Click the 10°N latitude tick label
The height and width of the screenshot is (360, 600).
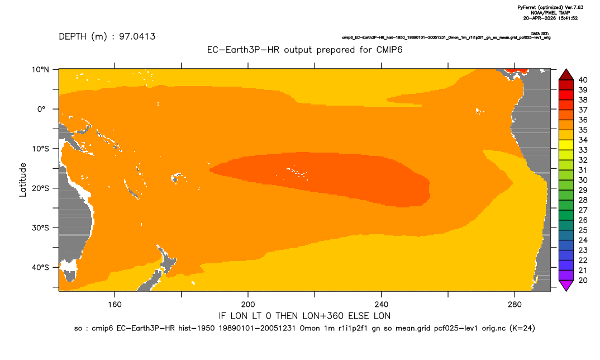coord(40,69)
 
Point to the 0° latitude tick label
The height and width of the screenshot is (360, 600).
coord(42,109)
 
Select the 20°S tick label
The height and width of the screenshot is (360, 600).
coord(40,188)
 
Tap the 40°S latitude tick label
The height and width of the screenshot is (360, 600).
coord(40,267)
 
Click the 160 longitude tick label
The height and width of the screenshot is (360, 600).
coord(115,305)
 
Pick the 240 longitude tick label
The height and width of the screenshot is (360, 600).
coord(382,305)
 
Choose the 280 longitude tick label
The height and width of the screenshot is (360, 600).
coord(515,305)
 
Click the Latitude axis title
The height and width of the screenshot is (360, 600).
coord(23,179)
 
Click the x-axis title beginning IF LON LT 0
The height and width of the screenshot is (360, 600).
coord(304,316)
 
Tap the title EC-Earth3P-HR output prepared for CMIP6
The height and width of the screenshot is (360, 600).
coord(304,50)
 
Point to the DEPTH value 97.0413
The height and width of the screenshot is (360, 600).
coord(137,37)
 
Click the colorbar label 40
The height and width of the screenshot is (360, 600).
coord(583,80)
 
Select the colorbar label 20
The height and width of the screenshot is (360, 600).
coord(583,280)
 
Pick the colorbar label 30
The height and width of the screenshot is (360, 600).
coord(583,180)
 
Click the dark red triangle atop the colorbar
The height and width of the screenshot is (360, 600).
coord(566,75)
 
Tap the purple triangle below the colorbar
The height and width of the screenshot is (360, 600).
coord(566,285)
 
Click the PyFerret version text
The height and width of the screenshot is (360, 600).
coord(550,7)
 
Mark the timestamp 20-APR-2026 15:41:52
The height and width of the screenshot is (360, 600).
coord(550,18)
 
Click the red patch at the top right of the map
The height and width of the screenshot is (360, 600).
coord(516,71)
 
